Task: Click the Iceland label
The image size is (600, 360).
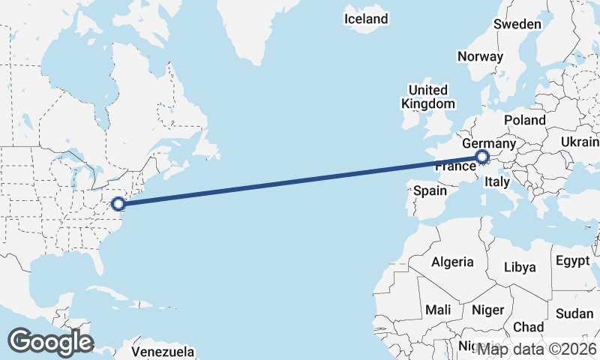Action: (366, 19)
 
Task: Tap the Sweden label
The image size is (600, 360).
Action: (517, 24)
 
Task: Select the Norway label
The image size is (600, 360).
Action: (480, 56)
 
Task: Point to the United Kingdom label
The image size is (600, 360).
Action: (427, 97)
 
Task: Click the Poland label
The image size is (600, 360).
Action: (525, 120)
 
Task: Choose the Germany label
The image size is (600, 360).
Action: (488, 143)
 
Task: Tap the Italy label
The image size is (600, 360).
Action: (497, 181)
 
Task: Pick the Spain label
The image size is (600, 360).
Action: (430, 190)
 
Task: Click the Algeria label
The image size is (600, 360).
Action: (452, 262)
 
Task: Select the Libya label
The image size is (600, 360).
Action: (520, 267)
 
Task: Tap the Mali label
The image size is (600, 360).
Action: (438, 310)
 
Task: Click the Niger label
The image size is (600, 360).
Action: (487, 310)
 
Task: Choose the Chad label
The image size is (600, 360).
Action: (529, 327)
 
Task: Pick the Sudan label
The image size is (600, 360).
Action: (574, 313)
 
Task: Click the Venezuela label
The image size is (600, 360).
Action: (163, 352)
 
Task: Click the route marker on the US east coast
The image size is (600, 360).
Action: (118, 203)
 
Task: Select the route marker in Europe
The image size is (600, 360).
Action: (482, 157)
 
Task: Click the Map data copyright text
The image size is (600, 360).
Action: (536, 349)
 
